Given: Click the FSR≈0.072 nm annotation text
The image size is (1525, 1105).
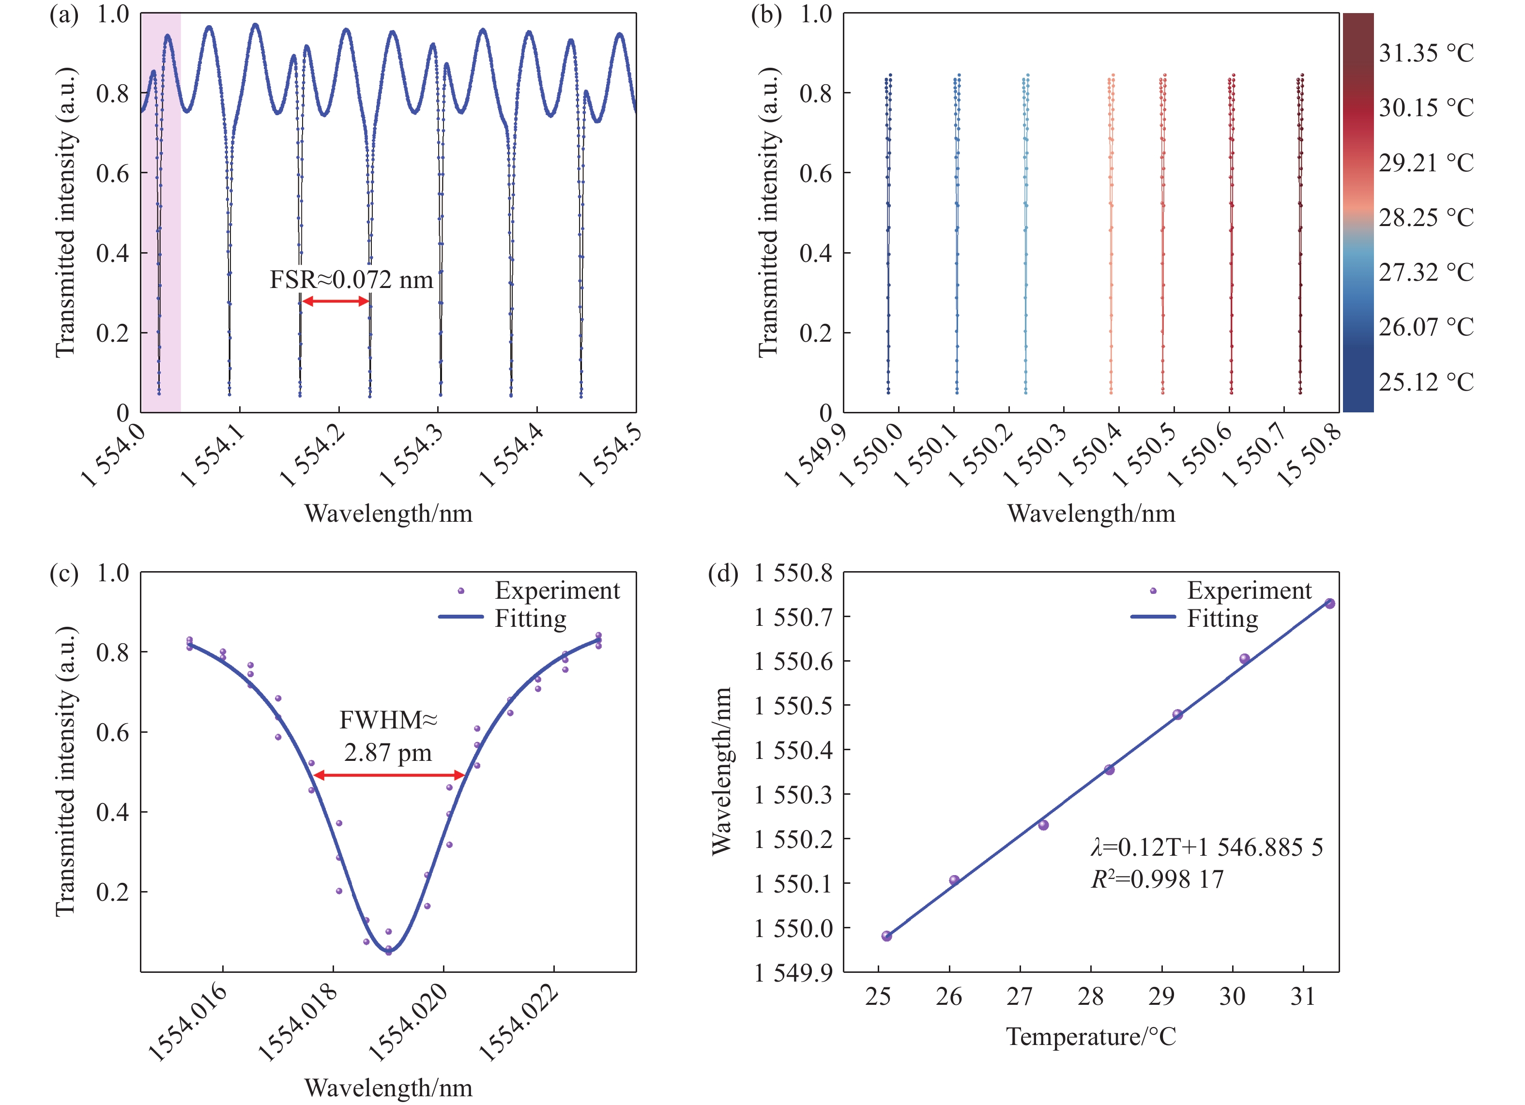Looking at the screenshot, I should point(351,280).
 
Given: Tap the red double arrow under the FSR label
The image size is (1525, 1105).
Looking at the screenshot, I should point(335,301).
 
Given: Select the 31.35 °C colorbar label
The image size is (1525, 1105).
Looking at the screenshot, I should point(1425,53).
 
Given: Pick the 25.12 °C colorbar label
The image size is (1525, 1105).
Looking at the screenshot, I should point(1425,382).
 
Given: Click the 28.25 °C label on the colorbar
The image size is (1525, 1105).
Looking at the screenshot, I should point(1425,218).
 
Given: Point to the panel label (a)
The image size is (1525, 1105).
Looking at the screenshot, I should point(64,15).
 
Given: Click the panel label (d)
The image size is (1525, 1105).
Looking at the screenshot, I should point(723,574).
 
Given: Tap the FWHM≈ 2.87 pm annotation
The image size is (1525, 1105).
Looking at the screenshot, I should point(388,736).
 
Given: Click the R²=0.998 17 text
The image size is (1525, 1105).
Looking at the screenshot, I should point(1157,879).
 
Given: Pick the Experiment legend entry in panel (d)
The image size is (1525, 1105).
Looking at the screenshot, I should point(1249,590).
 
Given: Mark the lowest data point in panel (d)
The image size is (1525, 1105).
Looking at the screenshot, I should point(886,936).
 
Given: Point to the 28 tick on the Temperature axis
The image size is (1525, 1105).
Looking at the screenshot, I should point(1090,996).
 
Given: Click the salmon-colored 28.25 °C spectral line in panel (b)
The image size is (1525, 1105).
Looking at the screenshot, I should point(1111,235).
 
